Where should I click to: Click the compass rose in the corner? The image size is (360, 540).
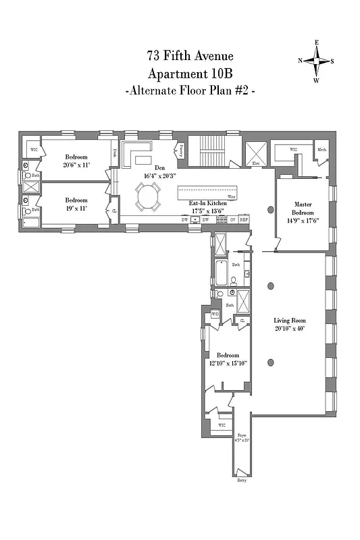tap(316, 61)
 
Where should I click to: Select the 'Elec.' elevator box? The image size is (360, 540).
tap(257, 154)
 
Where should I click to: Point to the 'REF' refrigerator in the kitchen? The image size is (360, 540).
tap(244, 219)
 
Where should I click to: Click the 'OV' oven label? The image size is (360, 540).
tap(232, 219)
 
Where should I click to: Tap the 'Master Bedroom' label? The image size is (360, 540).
tap(302, 207)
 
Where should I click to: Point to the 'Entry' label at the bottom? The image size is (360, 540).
tap(242, 480)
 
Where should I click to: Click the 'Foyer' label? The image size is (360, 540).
tap(242, 436)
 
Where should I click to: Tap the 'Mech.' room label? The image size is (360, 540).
tap(322, 150)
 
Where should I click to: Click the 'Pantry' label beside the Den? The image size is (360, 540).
tap(180, 151)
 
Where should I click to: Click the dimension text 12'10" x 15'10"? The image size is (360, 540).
tap(228, 362)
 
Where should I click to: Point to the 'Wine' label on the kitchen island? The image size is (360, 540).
tap(231, 198)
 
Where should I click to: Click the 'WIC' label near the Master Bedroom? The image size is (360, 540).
tap(293, 149)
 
